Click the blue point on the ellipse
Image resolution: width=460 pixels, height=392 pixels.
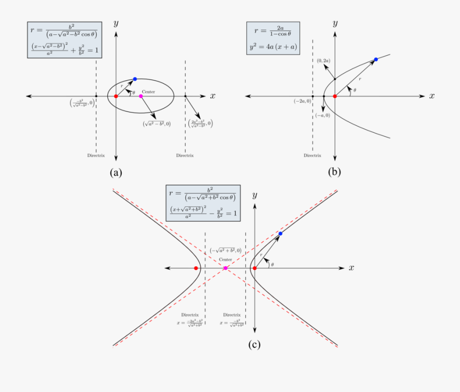coord(135,79)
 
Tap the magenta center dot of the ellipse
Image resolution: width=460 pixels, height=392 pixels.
coord(141,96)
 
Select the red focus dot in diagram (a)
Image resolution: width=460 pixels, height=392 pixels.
coord(116,96)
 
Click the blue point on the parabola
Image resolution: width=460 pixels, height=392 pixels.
coord(376,60)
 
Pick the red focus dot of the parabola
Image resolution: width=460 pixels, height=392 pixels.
coord(335,96)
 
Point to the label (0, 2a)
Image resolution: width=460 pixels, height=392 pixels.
coord(324,61)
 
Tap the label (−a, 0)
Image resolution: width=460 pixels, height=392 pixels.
coord(323,116)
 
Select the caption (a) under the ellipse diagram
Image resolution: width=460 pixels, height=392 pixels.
coord(116,172)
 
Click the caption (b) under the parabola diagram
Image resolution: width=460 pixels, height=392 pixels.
coord(334,172)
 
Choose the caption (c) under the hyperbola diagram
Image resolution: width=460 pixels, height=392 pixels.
coord(255,344)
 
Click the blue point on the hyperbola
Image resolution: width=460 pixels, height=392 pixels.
coord(280,234)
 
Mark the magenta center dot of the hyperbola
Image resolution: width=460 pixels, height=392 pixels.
coord(225,268)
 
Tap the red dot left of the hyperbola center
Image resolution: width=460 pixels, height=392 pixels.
coord(196,268)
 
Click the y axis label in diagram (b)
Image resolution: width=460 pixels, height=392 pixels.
coord(335,24)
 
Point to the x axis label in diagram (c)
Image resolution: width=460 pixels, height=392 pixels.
coord(352,268)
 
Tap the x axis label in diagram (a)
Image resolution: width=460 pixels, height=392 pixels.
coord(213,96)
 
